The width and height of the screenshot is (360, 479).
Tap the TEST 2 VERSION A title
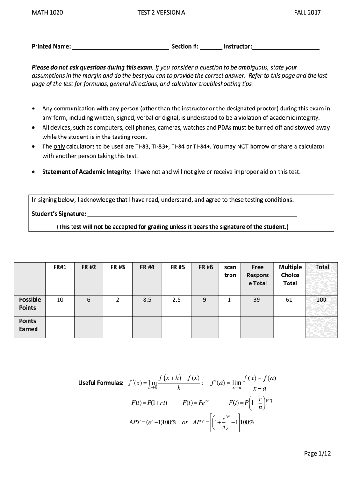pos(161,13)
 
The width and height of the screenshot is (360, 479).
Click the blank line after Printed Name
pos(121,47)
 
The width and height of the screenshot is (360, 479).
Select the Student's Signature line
pos(192,215)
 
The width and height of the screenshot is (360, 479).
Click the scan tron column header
pos(230,271)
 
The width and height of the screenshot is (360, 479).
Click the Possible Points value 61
pos(289,300)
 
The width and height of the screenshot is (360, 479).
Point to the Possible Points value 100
pos(321,300)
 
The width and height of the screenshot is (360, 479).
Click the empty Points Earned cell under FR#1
pos(60,326)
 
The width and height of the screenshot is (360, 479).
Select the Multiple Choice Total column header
pos(290,275)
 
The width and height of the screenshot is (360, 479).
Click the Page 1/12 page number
pos(317,453)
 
